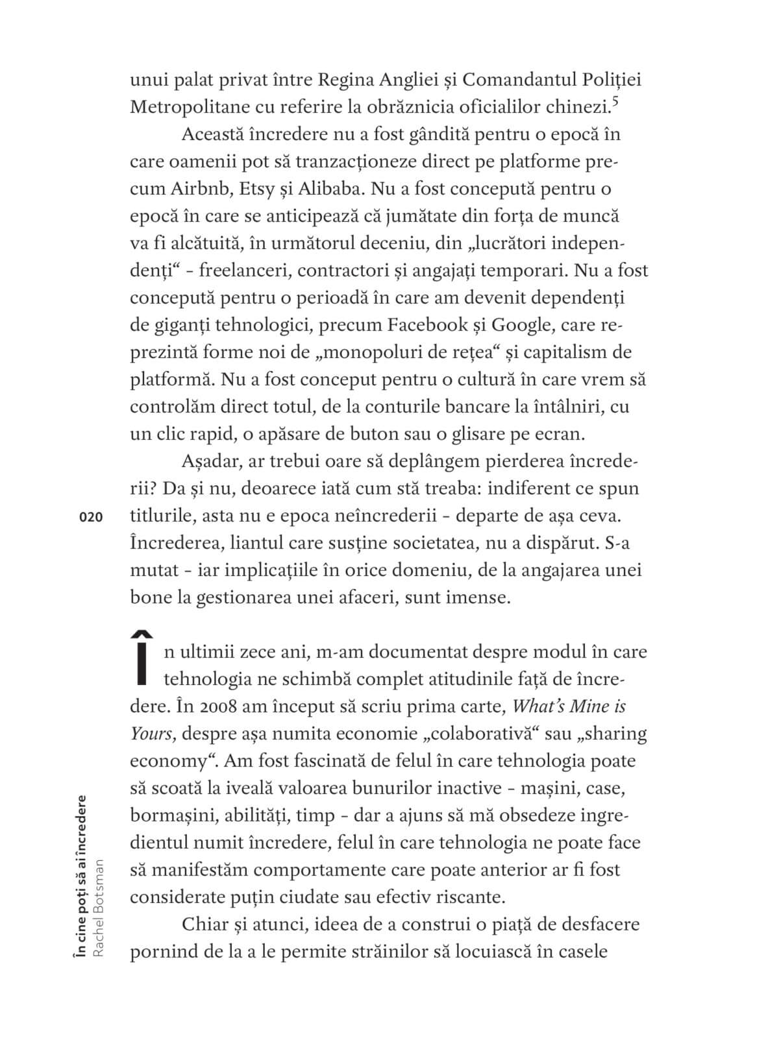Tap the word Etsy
[x=262, y=189]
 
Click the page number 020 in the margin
[x=91, y=516]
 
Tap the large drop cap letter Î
[x=146, y=658]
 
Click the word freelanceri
[x=239, y=271]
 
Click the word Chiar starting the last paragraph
[x=205, y=924]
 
